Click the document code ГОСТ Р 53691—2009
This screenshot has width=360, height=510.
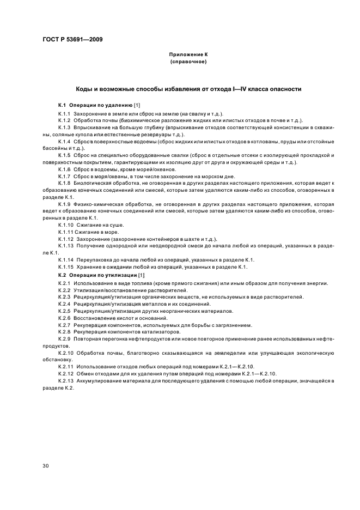[72, 40]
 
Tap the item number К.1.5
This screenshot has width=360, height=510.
[65, 155]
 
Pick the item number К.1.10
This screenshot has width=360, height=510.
[66, 224]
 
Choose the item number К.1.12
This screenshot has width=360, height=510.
[66, 239]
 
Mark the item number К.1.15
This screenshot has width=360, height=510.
[66, 267]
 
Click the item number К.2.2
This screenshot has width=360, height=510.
[65, 290]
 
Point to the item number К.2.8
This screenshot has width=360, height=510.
[65, 331]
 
